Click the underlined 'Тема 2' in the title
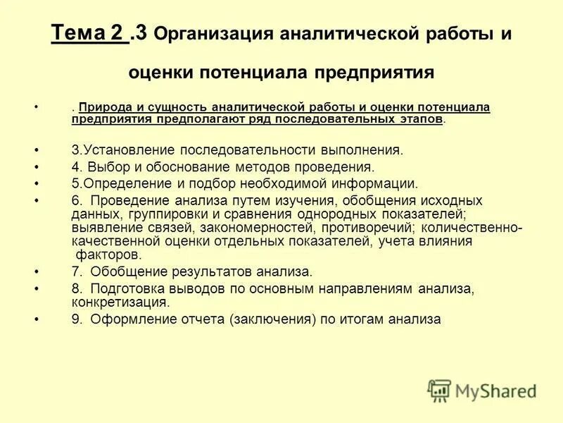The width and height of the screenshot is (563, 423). coord(89,32)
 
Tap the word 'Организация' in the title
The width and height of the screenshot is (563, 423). coord(210,34)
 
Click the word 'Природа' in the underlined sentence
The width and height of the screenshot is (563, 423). coord(104,107)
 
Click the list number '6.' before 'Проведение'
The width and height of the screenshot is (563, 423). coord(77,201)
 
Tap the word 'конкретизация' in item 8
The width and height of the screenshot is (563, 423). coord(119,302)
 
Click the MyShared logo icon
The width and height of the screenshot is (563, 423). coord(439,390)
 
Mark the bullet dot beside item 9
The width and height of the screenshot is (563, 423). coord(37,319)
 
